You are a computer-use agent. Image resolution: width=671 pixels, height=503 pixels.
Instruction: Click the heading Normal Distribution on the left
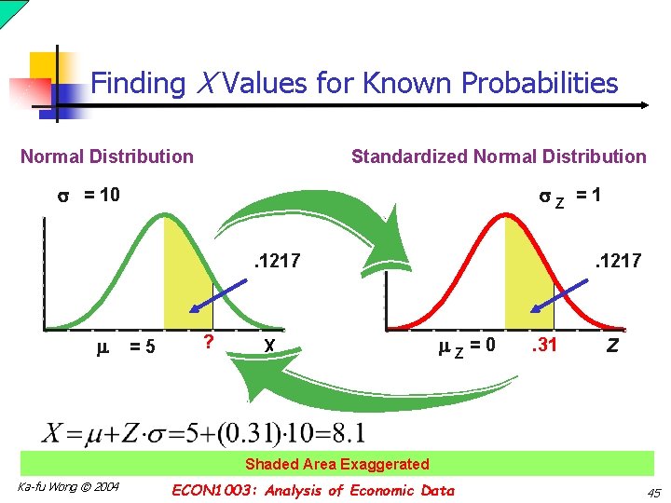click(x=107, y=156)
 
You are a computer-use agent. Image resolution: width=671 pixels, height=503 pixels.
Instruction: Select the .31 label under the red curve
click(x=543, y=346)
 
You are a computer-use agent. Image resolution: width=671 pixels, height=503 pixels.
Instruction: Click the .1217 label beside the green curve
click(x=278, y=261)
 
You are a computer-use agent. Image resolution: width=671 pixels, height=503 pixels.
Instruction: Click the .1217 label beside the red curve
click(x=618, y=261)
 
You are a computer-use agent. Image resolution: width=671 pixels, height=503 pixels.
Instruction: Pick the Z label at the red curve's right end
click(x=612, y=346)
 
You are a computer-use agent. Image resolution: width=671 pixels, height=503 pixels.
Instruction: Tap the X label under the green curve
click(x=268, y=346)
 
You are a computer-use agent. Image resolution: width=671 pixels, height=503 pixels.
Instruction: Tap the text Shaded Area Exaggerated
click(x=336, y=464)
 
